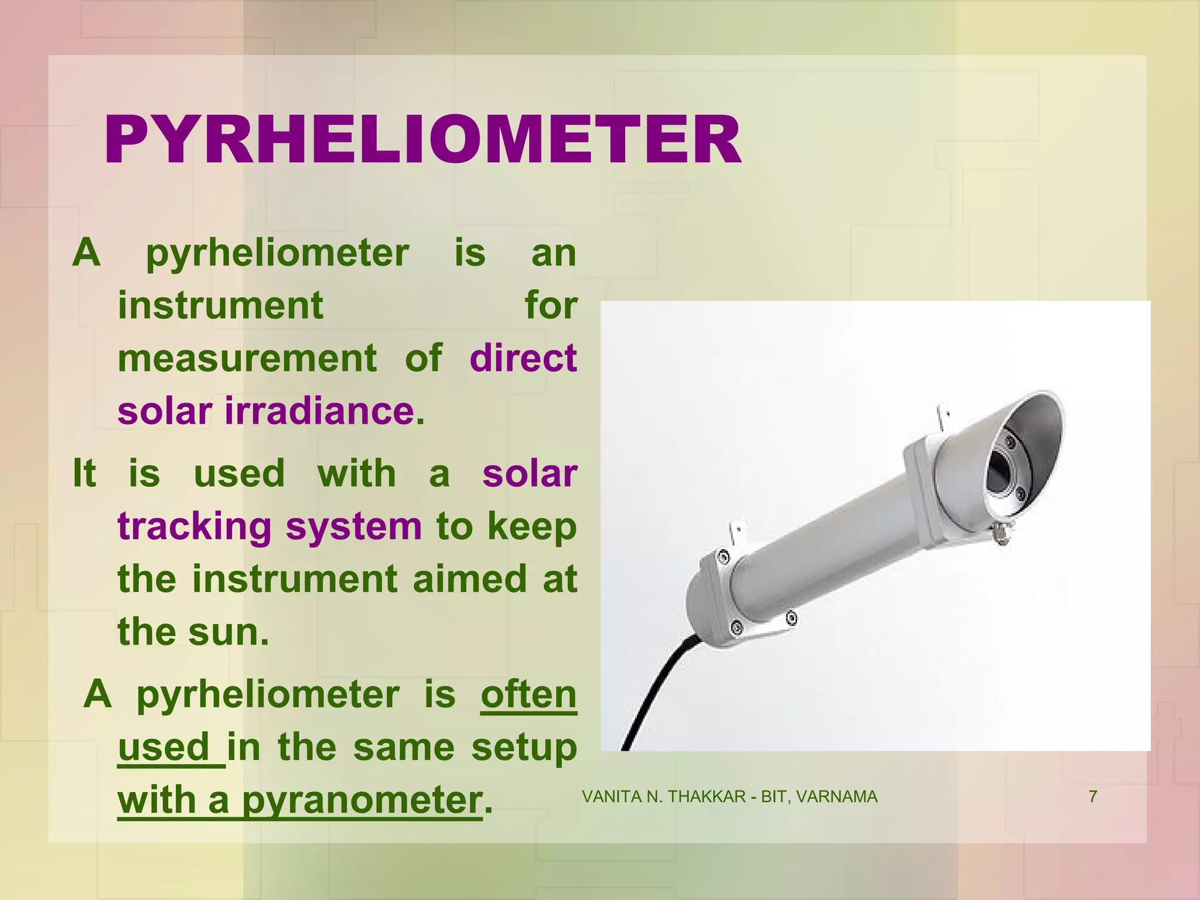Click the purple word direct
pos(523,358)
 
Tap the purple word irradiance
pos(319,411)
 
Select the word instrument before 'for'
pos(220,305)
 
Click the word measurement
pos(247,358)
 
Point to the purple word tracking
pos(195,526)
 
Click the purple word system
pos(353,526)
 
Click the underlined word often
pos(529,695)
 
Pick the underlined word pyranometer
pos(362,800)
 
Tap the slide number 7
pos(1093,797)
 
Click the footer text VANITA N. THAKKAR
pos(664,797)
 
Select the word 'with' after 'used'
pos(356,473)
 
